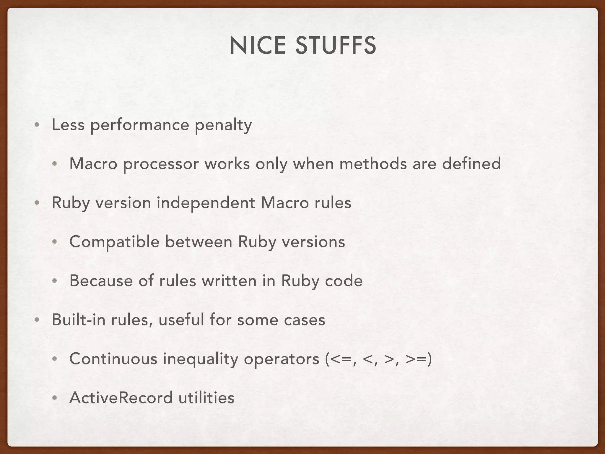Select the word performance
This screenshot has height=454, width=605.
coord(139,125)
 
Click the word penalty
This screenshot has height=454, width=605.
coord(223,125)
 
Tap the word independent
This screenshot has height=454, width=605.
coord(206,203)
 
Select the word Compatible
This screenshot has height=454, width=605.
coord(114,242)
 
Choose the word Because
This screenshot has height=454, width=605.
coord(101,281)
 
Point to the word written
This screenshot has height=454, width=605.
coord(229,281)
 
